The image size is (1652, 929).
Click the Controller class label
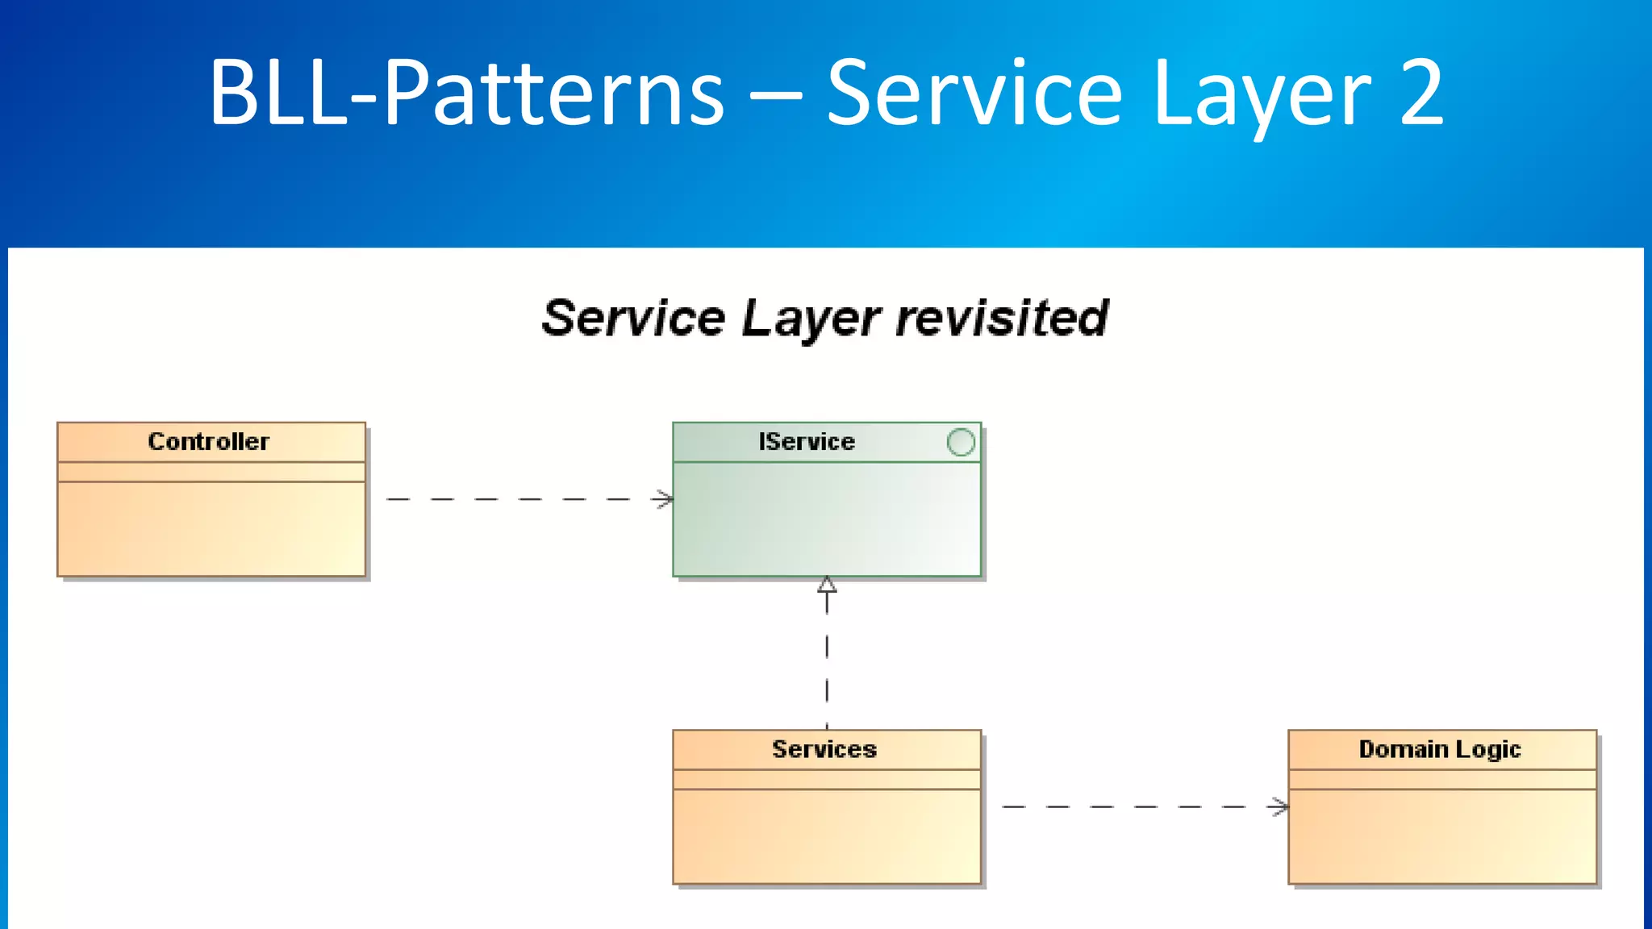pyautogui.click(x=208, y=441)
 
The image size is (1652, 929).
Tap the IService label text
pyautogui.click(x=806, y=441)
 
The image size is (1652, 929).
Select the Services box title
pyautogui.click(x=824, y=749)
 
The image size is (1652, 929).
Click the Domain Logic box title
pyautogui.click(x=1439, y=749)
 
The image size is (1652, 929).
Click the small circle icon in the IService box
pyautogui.click(x=960, y=442)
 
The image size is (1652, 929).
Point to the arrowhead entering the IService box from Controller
pyautogui.click(x=665, y=499)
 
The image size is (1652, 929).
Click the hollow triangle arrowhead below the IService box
pyautogui.click(x=827, y=585)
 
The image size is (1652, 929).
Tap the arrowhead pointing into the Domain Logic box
pyautogui.click(x=1279, y=806)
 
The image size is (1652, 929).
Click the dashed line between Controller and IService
pyautogui.click(x=516, y=499)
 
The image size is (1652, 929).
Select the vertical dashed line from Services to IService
pyautogui.click(x=827, y=661)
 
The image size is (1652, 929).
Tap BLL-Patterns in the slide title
pyautogui.click(x=466, y=93)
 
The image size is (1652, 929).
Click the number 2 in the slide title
pyautogui.click(x=1421, y=93)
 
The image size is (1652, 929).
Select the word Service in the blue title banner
pyautogui.click(x=974, y=93)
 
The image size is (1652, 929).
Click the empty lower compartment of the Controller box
pyautogui.click(x=211, y=528)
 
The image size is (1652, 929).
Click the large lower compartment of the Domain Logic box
pyautogui.click(x=1442, y=836)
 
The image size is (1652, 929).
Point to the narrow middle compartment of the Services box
pyautogui.click(x=827, y=780)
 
